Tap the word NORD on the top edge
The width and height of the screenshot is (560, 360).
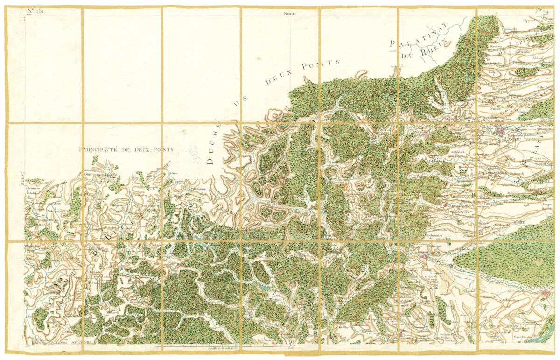289,14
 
